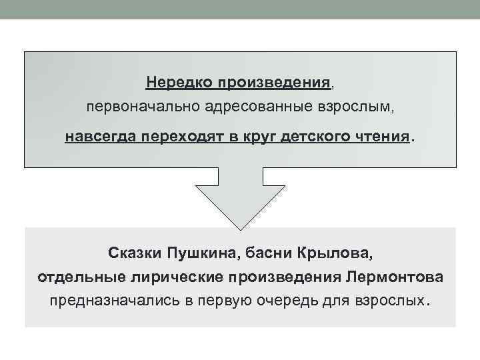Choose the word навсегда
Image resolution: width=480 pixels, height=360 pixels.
94,137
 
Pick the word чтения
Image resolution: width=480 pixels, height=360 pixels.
378,137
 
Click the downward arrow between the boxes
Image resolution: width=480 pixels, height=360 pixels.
240,197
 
